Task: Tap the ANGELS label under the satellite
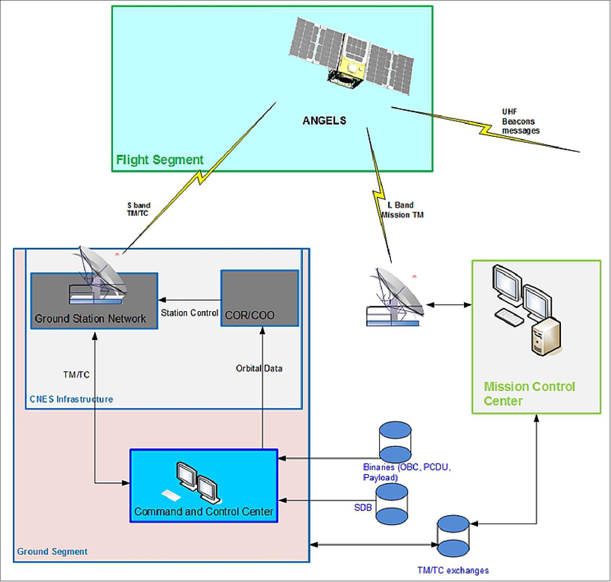click(324, 120)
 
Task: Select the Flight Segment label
click(160, 159)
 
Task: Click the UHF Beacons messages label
click(520, 122)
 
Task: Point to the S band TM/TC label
click(138, 209)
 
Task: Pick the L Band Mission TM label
click(402, 210)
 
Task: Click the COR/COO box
click(260, 298)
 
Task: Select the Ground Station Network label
click(90, 319)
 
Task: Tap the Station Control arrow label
click(190, 313)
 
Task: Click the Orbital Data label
click(259, 368)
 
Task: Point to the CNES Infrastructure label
click(71, 399)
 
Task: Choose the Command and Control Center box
click(204, 486)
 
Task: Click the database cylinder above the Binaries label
click(395, 442)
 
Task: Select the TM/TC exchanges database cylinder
click(453, 536)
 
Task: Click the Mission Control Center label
click(529, 394)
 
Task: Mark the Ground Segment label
click(52, 552)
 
